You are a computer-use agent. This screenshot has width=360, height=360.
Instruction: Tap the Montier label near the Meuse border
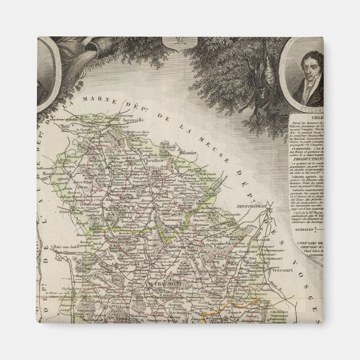pos(189,149)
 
